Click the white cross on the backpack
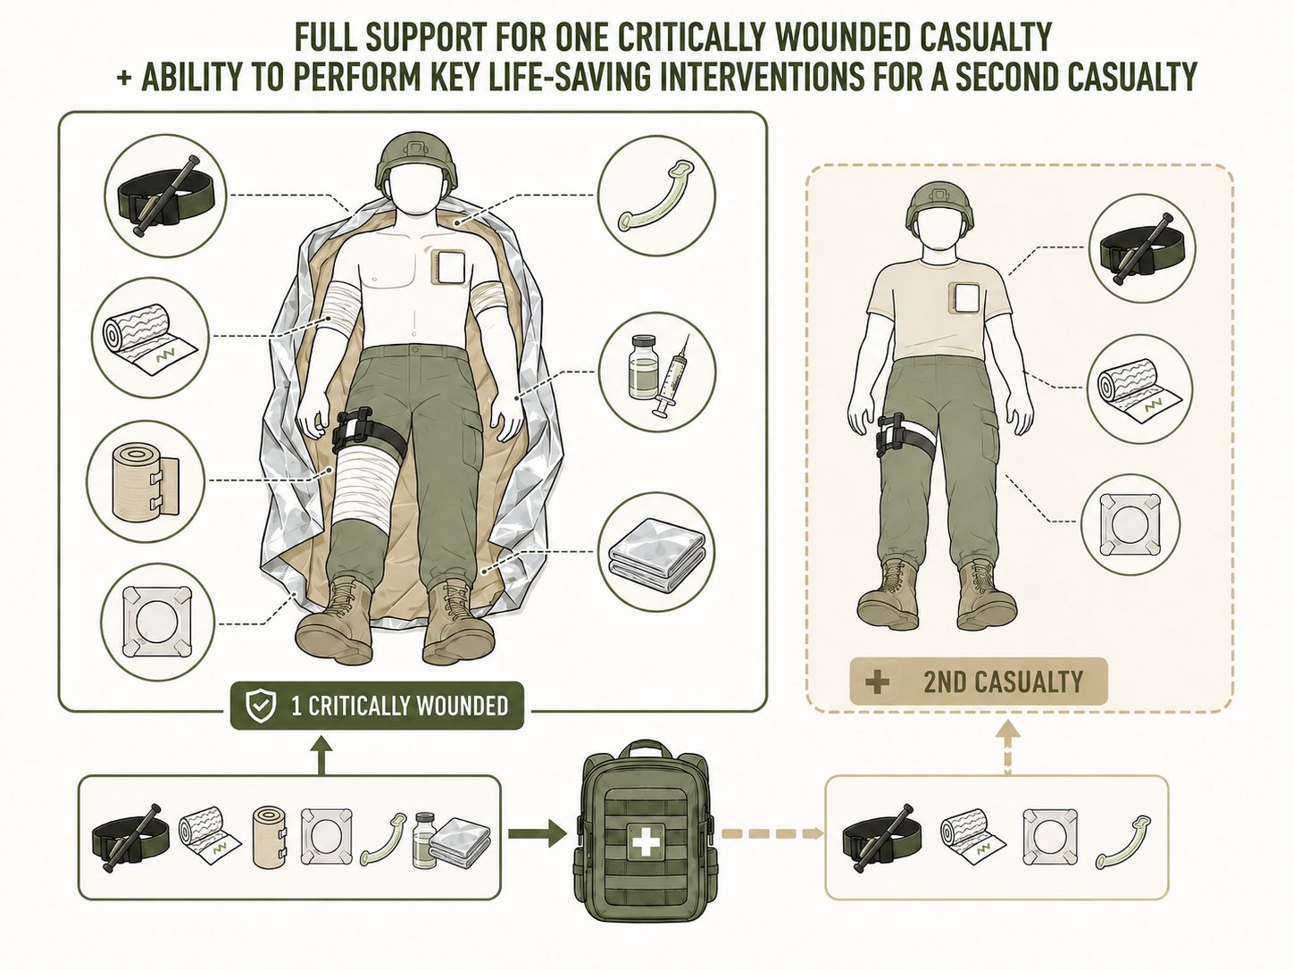point(646,840)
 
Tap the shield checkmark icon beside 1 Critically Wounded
point(261,707)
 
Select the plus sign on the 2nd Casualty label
point(878,682)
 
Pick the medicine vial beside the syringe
point(643,366)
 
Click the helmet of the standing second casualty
point(940,209)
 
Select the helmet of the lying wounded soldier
point(417,160)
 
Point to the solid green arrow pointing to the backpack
point(538,833)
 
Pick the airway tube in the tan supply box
point(1122,842)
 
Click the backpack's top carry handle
point(646,749)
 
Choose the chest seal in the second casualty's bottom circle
point(1130,524)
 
